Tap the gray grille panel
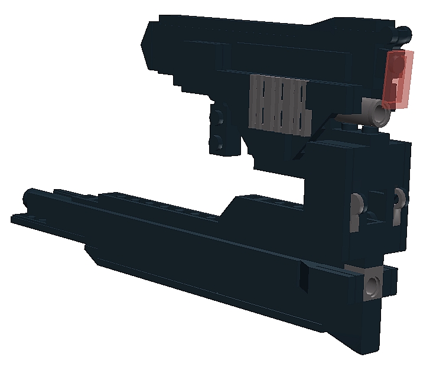[x=280, y=104]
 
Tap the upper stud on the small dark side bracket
[x=219, y=117]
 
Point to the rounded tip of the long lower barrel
[x=28, y=197]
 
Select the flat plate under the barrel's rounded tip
[x=24, y=219]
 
